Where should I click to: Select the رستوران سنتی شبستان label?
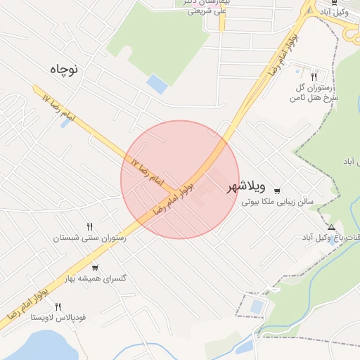[89, 238]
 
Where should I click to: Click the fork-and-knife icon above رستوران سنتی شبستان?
[89, 226]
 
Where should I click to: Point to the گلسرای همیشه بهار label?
[95, 279]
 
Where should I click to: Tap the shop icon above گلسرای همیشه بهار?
[95, 268]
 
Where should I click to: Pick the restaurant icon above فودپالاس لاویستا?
[58, 307]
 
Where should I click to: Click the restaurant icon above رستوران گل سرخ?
[314, 77]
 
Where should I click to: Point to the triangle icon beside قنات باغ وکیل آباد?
[331, 227]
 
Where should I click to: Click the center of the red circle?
[180, 179]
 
